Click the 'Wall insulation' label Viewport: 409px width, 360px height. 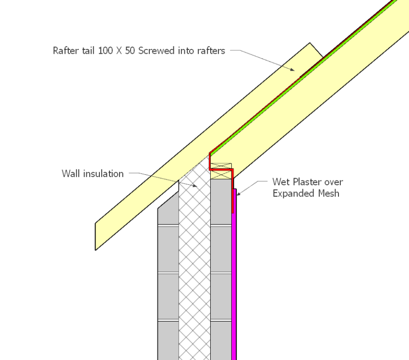click(92, 173)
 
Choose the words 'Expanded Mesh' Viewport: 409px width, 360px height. click(306, 193)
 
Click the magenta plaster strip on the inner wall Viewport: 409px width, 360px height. click(234, 288)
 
